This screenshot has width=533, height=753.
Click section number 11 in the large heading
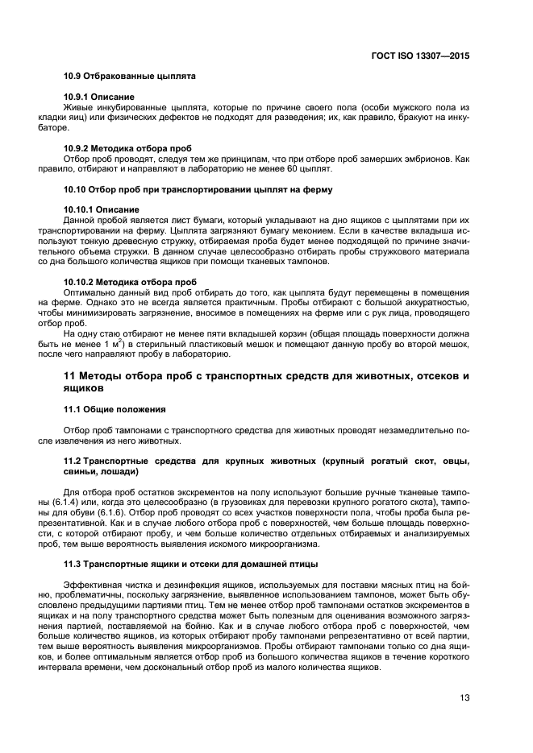pyautogui.click(x=69, y=377)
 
